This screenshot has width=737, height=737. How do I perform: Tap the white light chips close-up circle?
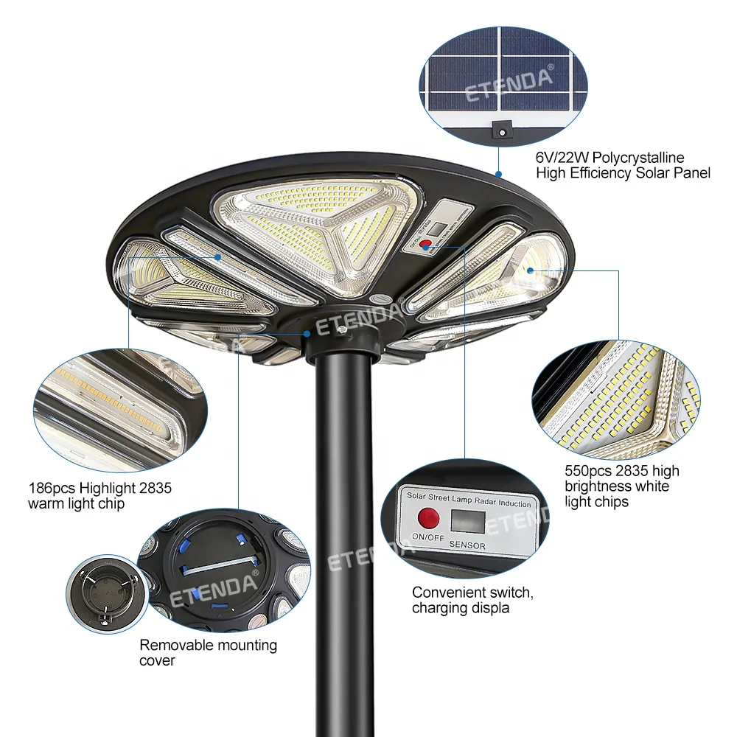(x=618, y=399)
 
